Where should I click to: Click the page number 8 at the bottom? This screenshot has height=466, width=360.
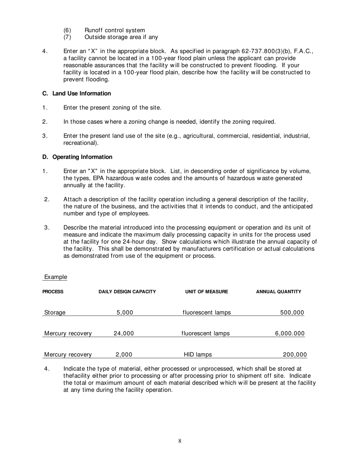180,441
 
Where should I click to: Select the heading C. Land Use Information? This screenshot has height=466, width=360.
77,94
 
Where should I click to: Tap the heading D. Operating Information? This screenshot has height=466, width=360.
77,157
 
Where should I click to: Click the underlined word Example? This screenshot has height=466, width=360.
56,277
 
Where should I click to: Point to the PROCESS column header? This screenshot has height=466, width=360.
53,292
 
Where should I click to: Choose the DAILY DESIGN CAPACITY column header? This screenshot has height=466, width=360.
127,292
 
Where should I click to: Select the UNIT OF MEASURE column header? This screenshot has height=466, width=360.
207,292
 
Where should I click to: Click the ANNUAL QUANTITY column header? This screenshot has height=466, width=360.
279,292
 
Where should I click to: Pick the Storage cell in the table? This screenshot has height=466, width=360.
55,313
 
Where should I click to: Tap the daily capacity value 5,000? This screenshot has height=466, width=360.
125,313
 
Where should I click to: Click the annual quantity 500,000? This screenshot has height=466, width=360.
292,313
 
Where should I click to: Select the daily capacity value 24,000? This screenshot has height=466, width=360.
124,334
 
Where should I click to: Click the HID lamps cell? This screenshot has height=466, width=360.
198,355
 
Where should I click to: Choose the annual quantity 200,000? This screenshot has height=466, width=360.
294,355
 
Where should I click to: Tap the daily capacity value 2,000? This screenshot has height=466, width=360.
124,355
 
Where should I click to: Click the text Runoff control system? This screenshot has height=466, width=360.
114,30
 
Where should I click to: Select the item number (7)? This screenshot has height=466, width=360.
67,37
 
